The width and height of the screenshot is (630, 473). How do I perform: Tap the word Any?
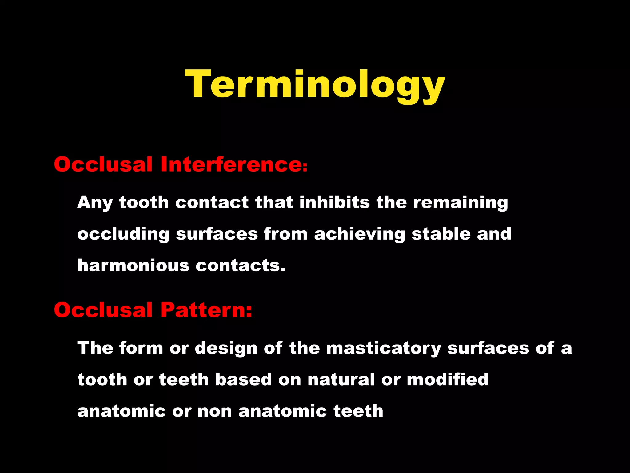click(95, 203)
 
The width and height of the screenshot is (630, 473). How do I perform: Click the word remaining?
click(460, 203)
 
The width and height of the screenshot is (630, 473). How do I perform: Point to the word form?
click(141, 348)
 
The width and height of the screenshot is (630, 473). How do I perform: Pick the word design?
click(226, 348)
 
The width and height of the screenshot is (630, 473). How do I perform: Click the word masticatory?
click(384, 349)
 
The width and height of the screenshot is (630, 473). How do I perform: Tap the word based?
click(243, 379)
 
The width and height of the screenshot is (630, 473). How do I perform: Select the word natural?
click(341, 379)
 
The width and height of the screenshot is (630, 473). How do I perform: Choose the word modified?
click(448, 379)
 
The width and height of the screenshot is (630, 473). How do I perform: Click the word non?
click(214, 411)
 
